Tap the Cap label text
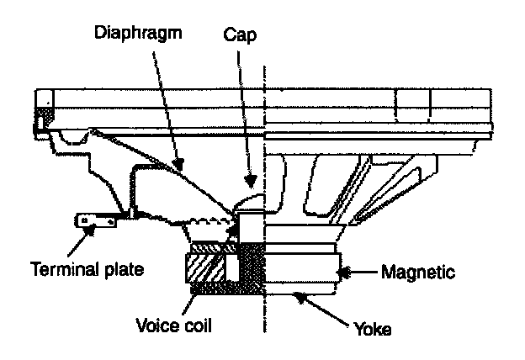coord(241,37)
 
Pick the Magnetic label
coord(418,272)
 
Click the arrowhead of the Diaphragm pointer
coord(178,159)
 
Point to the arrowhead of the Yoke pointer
coord(297,294)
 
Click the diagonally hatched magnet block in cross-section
coord(203,269)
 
